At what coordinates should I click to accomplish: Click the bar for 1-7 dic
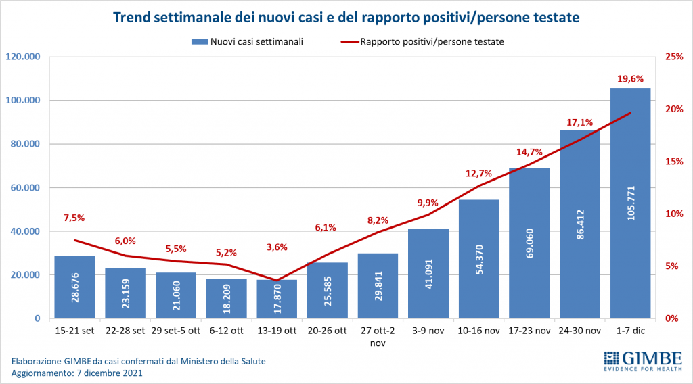coord(630,203)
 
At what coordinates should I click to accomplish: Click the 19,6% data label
coord(630,79)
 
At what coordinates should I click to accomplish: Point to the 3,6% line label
coord(277,247)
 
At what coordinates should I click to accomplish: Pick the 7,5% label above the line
coord(74,218)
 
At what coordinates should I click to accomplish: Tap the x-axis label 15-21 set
coord(74,331)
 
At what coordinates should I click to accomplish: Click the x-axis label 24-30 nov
coord(580,331)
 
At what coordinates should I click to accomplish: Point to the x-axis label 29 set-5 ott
coord(175,331)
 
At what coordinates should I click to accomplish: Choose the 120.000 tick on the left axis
coord(24,57)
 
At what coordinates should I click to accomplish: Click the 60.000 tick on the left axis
coord(26,187)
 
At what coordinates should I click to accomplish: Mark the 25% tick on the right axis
coord(673,57)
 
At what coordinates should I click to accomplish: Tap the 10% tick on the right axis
coord(673,214)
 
